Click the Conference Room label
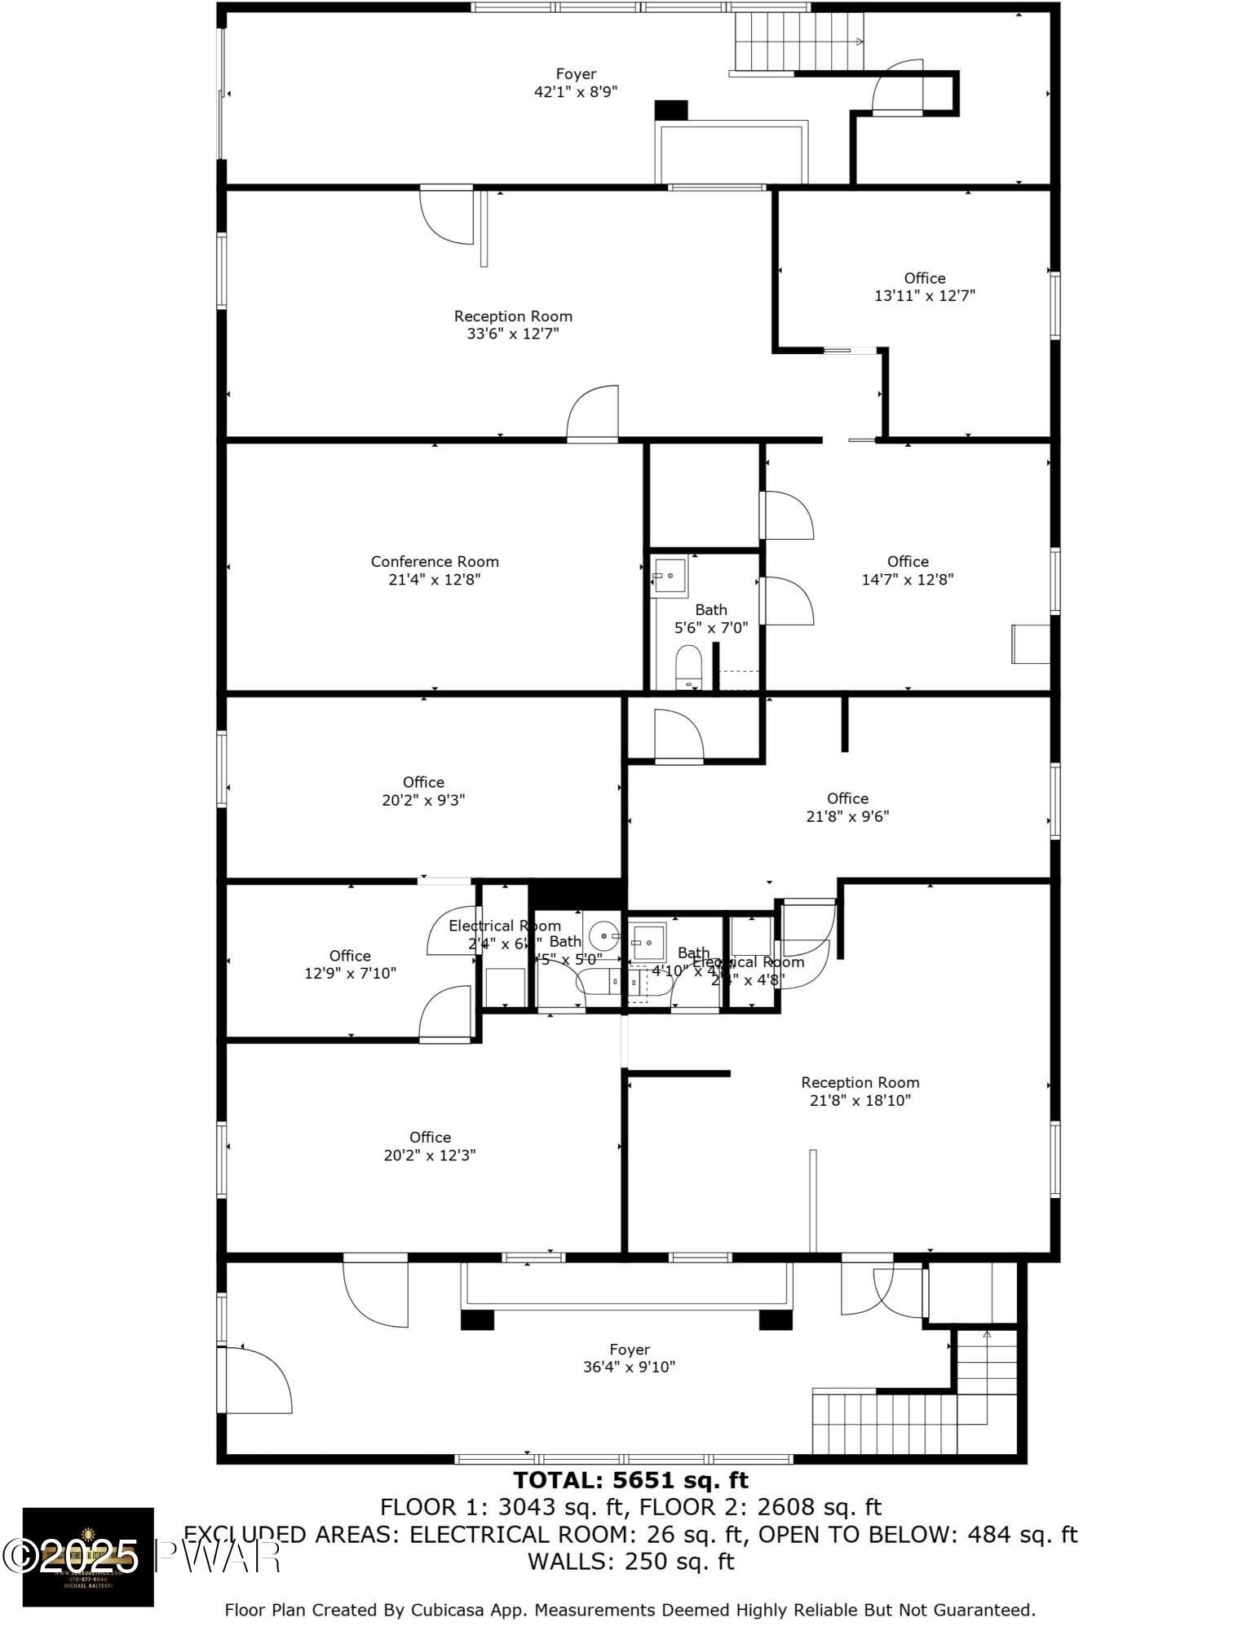point(434,561)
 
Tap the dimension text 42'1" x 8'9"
point(575,92)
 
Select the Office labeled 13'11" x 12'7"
point(924,287)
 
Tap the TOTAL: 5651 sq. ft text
point(630,1479)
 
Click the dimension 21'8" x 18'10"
point(860,1100)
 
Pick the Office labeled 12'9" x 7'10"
point(350,964)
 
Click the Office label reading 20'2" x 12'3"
point(430,1146)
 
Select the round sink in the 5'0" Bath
point(604,934)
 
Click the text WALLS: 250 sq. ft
point(630,1562)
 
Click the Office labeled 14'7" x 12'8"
point(907,570)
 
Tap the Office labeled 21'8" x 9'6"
point(847,807)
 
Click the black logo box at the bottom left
point(88,1557)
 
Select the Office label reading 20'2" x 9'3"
point(423,791)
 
